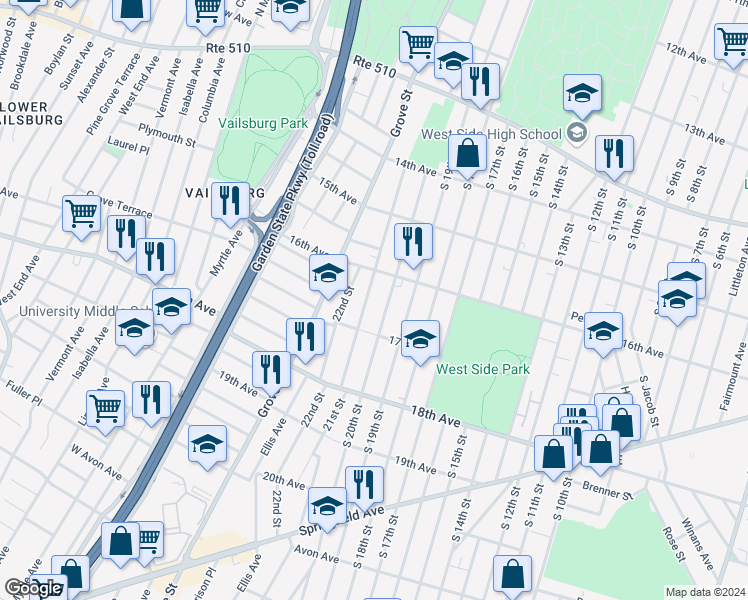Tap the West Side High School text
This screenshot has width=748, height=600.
click(491, 135)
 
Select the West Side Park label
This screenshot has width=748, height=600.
click(482, 369)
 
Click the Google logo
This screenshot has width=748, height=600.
click(32, 588)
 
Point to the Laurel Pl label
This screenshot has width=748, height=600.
click(131, 149)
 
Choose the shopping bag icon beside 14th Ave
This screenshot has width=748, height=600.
click(467, 154)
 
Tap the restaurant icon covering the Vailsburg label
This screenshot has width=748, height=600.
click(231, 201)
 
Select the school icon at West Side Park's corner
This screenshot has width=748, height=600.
click(421, 338)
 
